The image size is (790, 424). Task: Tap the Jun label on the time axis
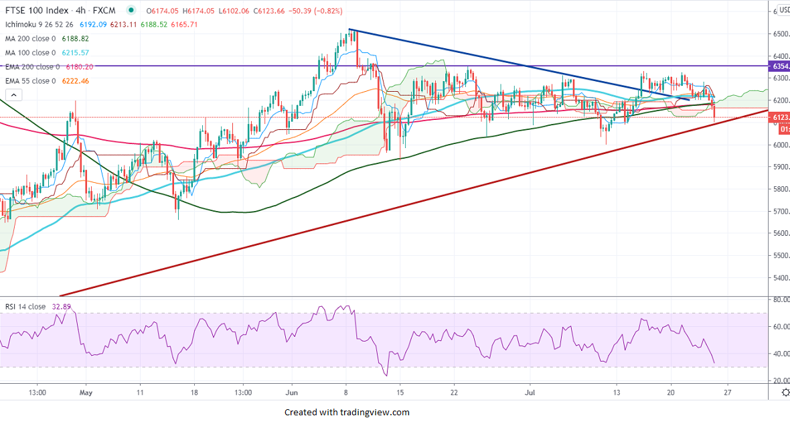[x=290, y=393]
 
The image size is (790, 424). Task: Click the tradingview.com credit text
[x=347, y=413]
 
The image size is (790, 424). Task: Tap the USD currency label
[x=782, y=11]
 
